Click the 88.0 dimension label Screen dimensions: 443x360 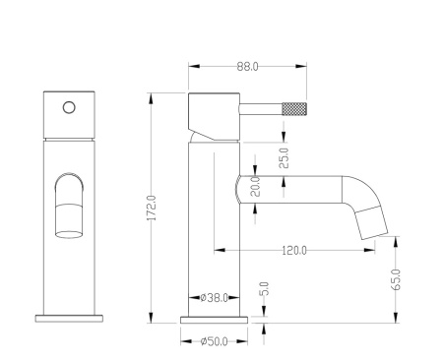pos(247,67)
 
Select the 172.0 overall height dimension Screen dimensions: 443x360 pos(152,208)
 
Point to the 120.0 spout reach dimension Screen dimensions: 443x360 pos(294,251)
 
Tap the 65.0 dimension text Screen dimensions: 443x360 pos(396,279)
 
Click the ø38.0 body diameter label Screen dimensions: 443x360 pos(214,298)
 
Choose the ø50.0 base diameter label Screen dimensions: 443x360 pos(214,341)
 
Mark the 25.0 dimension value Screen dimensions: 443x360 pos(284,158)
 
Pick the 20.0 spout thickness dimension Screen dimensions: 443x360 pos(255,187)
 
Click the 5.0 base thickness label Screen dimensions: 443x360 pos(264,289)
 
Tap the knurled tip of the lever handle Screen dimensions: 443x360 pos(294,108)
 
